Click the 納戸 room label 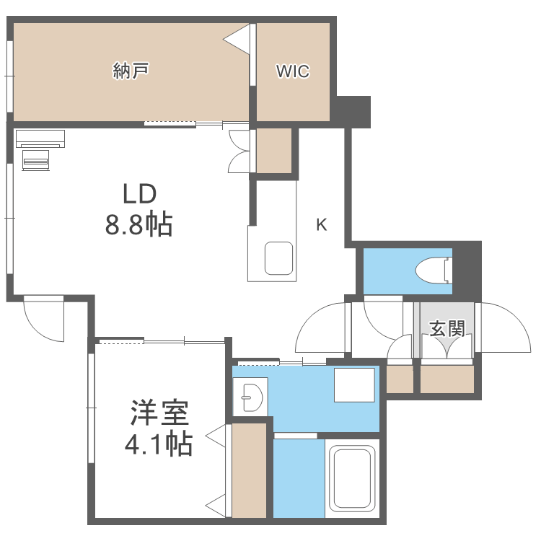point(131,71)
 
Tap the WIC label point(293,71)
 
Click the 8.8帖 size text point(138,225)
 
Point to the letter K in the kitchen point(321,225)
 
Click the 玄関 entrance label point(447,329)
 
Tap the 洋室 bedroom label point(159,413)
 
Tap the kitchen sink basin point(278,258)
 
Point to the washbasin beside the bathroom point(250,396)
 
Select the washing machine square point(353,384)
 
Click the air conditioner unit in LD point(40,138)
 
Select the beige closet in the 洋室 point(250,470)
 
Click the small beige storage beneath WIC point(274,150)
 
